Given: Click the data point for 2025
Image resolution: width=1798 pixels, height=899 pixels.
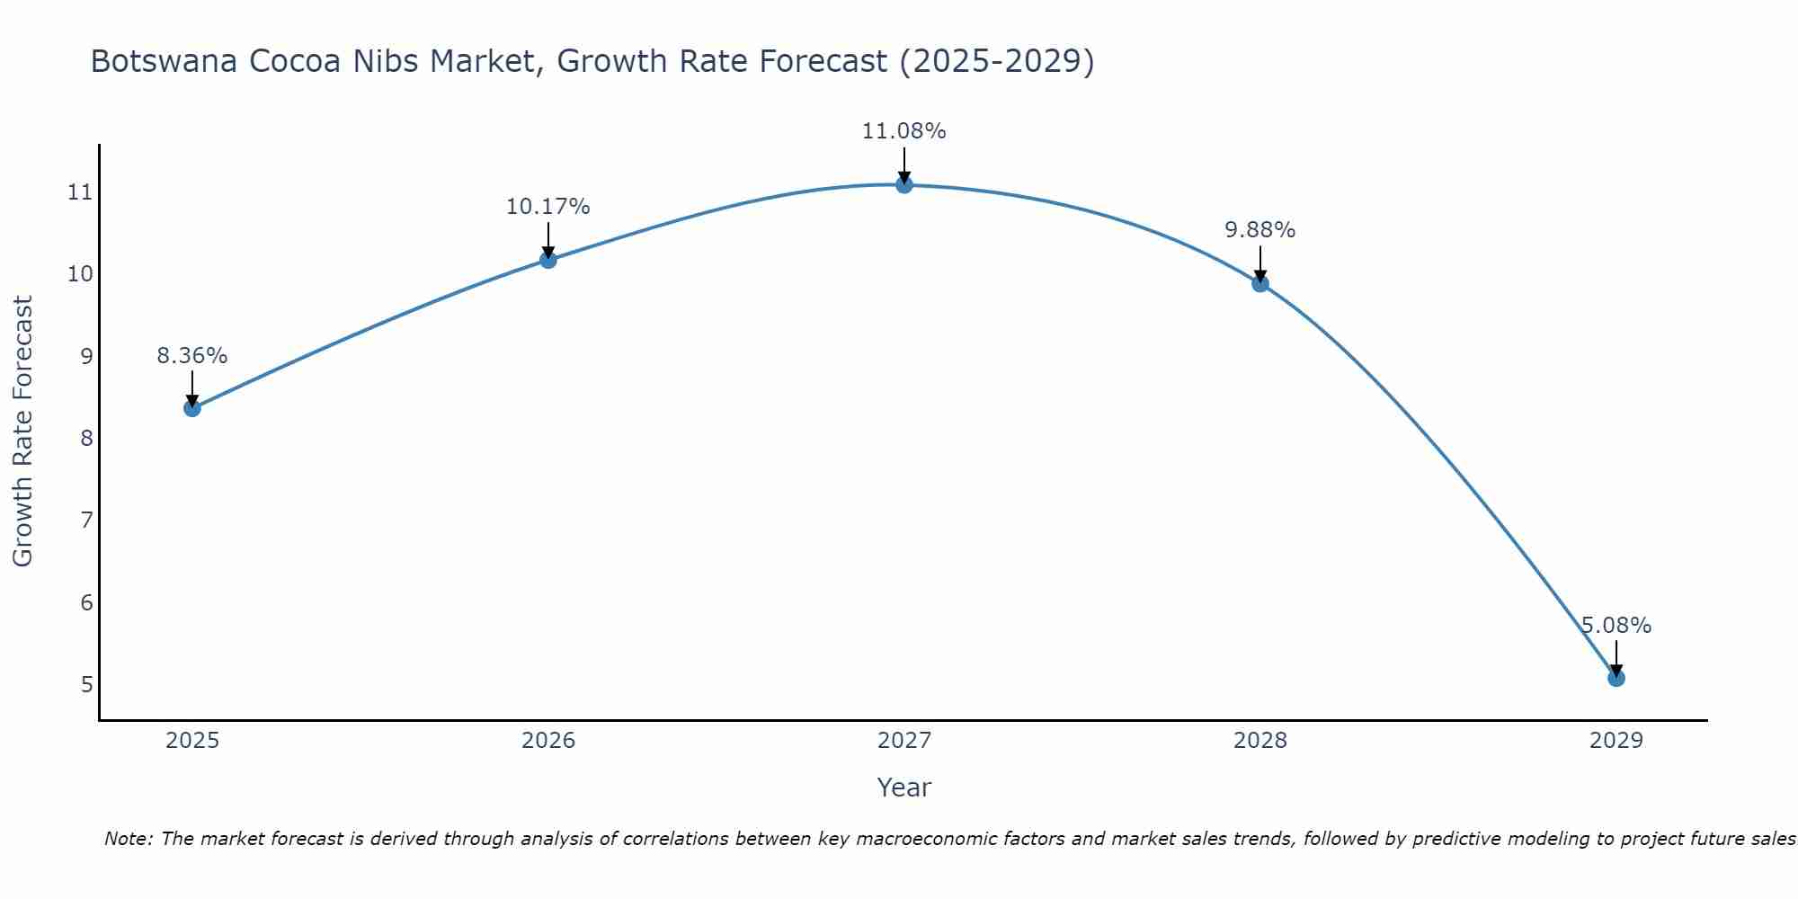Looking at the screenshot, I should (191, 408).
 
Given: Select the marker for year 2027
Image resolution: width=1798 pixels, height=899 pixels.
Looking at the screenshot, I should (903, 184).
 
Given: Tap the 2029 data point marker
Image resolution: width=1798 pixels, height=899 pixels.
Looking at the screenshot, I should (1616, 678).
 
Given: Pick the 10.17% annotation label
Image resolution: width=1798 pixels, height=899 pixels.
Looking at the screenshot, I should (547, 207).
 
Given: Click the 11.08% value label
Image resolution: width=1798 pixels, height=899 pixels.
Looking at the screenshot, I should (903, 131).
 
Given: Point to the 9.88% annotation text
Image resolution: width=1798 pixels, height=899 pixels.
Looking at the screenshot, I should (1259, 230).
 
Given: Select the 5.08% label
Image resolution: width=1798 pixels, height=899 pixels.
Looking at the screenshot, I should (1616, 626).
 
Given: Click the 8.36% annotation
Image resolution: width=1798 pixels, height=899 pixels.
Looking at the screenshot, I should (191, 356).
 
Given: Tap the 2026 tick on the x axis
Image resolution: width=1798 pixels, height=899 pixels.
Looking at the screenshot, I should (548, 741).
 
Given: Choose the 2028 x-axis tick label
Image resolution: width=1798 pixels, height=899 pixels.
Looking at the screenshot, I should (1259, 741).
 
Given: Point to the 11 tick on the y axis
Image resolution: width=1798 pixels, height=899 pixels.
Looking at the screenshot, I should (80, 192).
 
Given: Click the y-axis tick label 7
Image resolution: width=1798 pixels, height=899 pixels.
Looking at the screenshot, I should (86, 521).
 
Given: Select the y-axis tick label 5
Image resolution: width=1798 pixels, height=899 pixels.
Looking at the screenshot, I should (86, 685).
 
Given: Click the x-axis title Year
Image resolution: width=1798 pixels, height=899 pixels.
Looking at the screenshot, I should (903, 788).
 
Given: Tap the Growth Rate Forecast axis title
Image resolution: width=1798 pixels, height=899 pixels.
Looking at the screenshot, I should (22, 432).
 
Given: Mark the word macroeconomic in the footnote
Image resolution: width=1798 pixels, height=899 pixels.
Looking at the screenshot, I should (934, 839).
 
